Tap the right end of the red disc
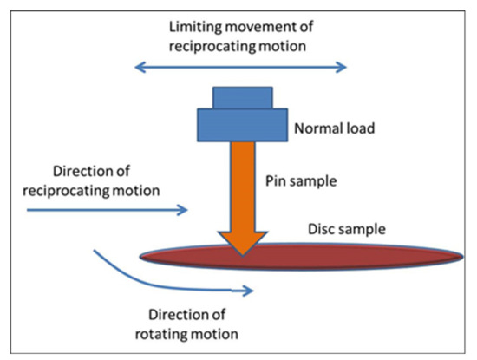tap(458, 257)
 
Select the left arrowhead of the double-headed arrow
tap(137, 66)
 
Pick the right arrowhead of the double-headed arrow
tap(343, 66)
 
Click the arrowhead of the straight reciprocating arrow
tap(184, 210)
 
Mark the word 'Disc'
tap(323, 229)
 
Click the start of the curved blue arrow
tap(95, 252)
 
